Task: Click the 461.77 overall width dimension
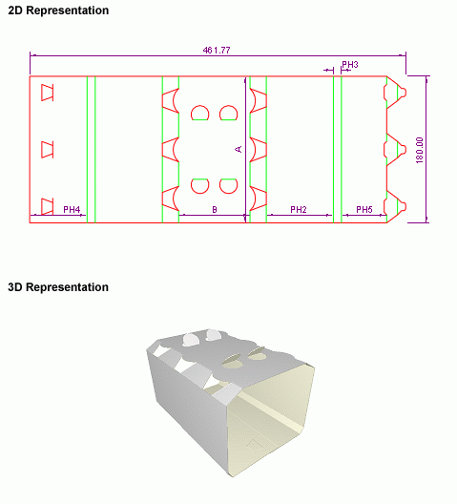coord(217,51)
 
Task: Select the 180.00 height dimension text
coord(420,150)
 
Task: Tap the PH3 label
coord(349,65)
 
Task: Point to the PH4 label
coord(72,210)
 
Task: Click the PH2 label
coord(299,210)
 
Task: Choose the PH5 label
coord(364,210)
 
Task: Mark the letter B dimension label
coord(215,210)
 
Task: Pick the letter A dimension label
coord(239,149)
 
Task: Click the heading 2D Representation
coord(58,10)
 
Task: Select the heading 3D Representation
coord(58,287)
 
